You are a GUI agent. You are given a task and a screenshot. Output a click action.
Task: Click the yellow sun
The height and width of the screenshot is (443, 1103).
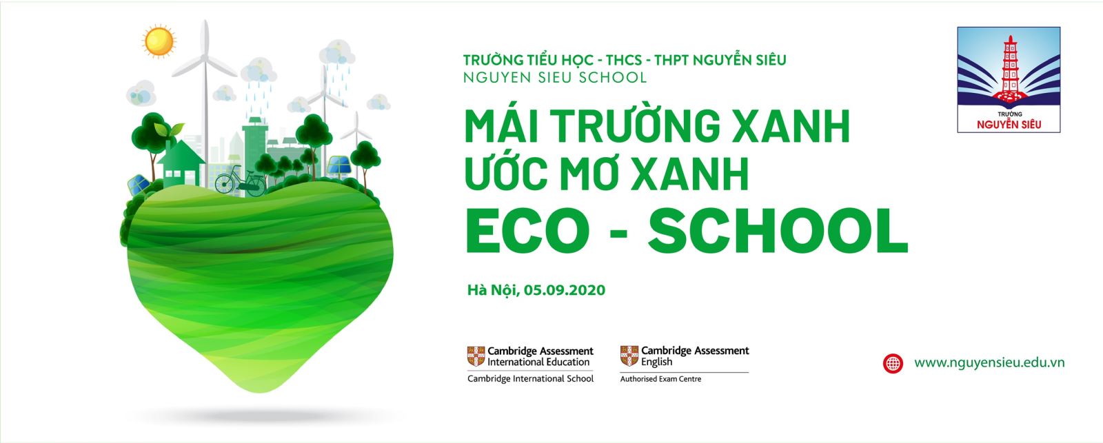159,41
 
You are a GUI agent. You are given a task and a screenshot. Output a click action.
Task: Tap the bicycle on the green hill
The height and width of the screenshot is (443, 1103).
241,181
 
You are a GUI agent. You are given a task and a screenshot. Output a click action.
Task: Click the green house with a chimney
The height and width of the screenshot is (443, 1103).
180,163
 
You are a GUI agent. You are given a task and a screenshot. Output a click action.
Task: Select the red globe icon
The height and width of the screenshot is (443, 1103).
893,363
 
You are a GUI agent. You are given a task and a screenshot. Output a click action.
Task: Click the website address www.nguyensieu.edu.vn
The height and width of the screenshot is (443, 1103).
989,363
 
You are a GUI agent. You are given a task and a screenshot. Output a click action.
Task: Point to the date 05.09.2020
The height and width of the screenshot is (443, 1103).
565,290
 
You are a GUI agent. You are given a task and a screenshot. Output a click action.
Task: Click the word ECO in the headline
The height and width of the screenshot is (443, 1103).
527,230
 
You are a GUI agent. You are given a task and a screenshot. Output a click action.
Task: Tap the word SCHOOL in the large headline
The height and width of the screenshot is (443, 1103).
778,230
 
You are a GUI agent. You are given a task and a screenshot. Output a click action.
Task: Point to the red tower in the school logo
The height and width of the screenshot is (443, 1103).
1009,69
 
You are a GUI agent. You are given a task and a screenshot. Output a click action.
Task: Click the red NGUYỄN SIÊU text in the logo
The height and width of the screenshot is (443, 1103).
1009,125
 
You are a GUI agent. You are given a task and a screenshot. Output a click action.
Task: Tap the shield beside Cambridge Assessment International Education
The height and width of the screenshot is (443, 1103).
476,356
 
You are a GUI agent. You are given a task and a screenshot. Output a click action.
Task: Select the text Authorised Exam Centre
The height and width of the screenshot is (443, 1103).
660,379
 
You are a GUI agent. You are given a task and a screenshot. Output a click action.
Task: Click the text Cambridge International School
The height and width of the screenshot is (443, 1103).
530,378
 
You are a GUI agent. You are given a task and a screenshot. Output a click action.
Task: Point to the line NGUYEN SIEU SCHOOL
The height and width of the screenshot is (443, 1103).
555,78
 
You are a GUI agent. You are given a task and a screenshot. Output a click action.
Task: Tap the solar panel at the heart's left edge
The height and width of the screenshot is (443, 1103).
139,185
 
